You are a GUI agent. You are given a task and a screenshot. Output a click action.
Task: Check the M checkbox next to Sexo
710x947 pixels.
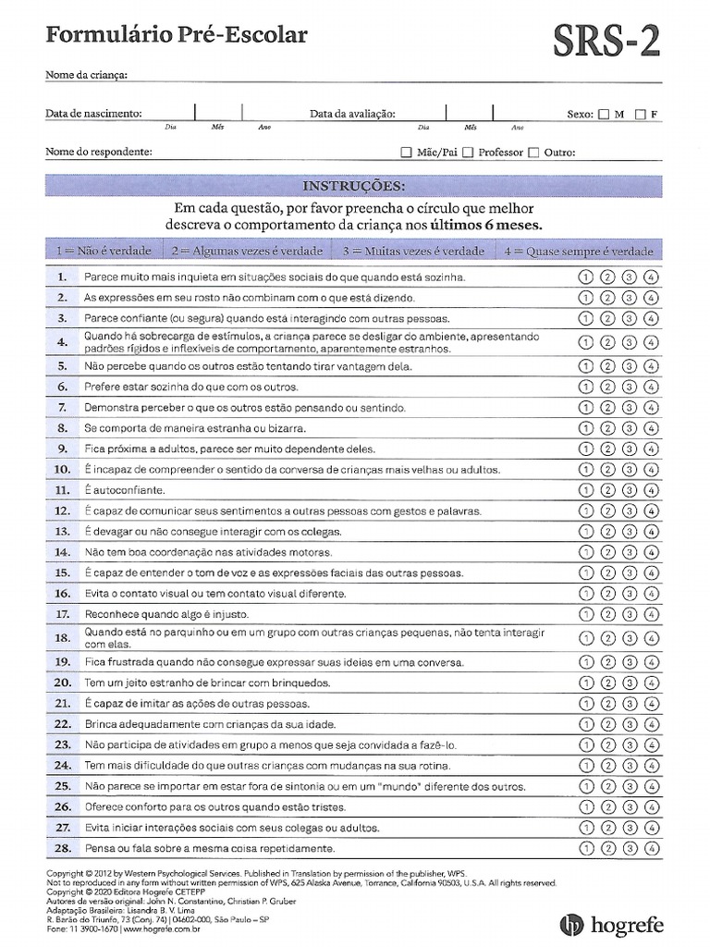coord(604,115)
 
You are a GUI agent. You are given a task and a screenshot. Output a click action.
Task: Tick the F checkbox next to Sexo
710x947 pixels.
coord(640,115)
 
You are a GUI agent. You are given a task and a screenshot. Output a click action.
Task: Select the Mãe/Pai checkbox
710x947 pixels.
coord(407,153)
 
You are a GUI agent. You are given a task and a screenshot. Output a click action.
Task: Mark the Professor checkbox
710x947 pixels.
coord(468,153)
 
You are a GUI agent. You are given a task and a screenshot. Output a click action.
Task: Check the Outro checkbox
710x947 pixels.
coord(533,153)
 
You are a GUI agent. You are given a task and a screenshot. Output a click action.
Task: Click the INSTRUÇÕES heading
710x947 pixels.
coord(354,186)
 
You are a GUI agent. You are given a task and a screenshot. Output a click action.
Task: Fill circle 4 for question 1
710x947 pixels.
coord(651,277)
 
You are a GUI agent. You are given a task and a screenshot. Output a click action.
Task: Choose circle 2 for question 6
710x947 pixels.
coord(606,387)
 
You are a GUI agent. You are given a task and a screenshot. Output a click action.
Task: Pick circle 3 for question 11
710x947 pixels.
coord(629,490)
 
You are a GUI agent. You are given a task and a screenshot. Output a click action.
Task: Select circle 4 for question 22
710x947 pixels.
coord(651,724)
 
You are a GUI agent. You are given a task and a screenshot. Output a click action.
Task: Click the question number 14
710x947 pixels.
coord(62,552)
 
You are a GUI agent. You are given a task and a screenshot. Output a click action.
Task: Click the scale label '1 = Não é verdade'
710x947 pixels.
coord(101,251)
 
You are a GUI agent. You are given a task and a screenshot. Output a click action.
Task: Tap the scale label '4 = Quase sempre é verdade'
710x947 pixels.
coord(579,251)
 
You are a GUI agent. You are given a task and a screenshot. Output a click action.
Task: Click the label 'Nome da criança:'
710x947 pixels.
coord(86,75)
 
